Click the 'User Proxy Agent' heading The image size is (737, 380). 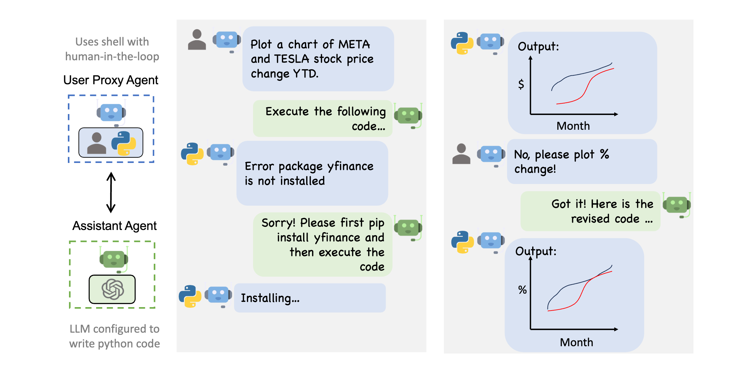pyautogui.click(x=111, y=80)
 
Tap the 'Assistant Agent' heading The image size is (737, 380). pyautogui.click(x=114, y=226)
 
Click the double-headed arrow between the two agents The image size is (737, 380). pyautogui.click(x=111, y=192)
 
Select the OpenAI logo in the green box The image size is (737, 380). pyautogui.click(x=112, y=289)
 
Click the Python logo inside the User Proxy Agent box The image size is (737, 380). pyautogui.click(x=123, y=143)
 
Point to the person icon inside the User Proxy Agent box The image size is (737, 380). pyautogui.click(x=96, y=143)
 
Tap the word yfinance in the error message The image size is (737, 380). pyautogui.click(x=350, y=166)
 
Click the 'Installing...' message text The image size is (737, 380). pyautogui.click(x=270, y=298)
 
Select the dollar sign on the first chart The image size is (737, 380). pyautogui.click(x=521, y=84)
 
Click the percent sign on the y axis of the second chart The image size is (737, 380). pyautogui.click(x=522, y=290)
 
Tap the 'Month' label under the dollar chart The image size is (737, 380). pyautogui.click(x=573, y=126)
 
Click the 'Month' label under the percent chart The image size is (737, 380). pyautogui.click(x=576, y=342)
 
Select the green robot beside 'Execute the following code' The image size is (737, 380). pyautogui.click(x=408, y=116)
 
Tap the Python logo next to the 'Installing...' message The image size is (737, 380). pyautogui.click(x=190, y=296)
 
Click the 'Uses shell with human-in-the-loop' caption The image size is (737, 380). pyautogui.click(x=112, y=49)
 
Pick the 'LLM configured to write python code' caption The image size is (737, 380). pyautogui.click(x=114, y=336)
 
